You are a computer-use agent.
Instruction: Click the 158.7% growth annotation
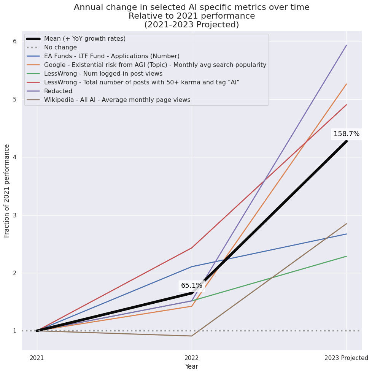[x=346, y=134]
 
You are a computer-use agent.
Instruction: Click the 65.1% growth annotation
[x=191, y=285]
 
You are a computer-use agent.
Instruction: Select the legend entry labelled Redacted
[x=58, y=91]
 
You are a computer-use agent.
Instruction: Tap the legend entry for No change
[x=60, y=48]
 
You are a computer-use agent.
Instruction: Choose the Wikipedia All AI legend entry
[x=117, y=100]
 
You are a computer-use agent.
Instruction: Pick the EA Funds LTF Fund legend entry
[x=111, y=56]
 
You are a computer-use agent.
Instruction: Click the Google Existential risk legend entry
[x=155, y=65]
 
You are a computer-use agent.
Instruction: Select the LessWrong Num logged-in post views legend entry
[x=103, y=74]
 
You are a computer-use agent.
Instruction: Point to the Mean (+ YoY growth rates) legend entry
[x=84, y=39]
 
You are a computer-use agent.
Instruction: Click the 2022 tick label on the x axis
[x=191, y=358]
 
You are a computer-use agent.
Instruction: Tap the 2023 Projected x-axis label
[x=346, y=358]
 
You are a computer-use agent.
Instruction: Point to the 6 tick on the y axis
[x=15, y=41]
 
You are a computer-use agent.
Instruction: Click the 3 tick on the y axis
[x=15, y=215]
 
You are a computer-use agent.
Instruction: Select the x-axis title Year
[x=191, y=366]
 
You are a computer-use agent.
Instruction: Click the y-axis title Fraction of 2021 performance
[x=7, y=191]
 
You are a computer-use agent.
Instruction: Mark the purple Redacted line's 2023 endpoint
[x=346, y=45]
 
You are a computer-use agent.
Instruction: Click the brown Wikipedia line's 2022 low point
[x=192, y=336]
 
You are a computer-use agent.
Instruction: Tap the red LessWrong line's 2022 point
[x=192, y=248]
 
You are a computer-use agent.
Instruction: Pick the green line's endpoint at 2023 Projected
[x=346, y=256]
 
